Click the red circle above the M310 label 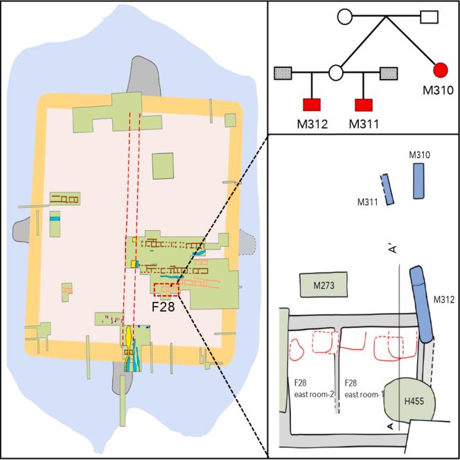click(438, 70)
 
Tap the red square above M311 click(364, 105)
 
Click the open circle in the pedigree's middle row click(337, 71)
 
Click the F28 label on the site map click(161, 305)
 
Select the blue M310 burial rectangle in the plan click(419, 182)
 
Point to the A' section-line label click(392, 251)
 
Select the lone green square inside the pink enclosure click(163, 167)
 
